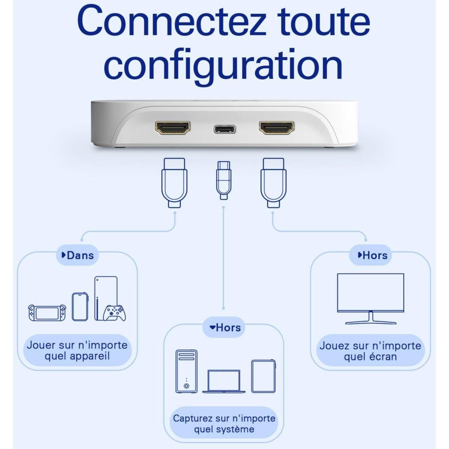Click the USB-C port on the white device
pos(225,129)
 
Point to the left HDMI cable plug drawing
pos(174,182)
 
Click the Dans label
pos(77,256)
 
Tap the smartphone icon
pos(80,306)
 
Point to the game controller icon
pos(114,313)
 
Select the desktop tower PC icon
pos(186,371)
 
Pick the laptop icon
pos(224,381)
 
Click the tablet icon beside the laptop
pos(263,376)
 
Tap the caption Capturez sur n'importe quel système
pos(224,424)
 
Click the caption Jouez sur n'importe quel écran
pos(370,351)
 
